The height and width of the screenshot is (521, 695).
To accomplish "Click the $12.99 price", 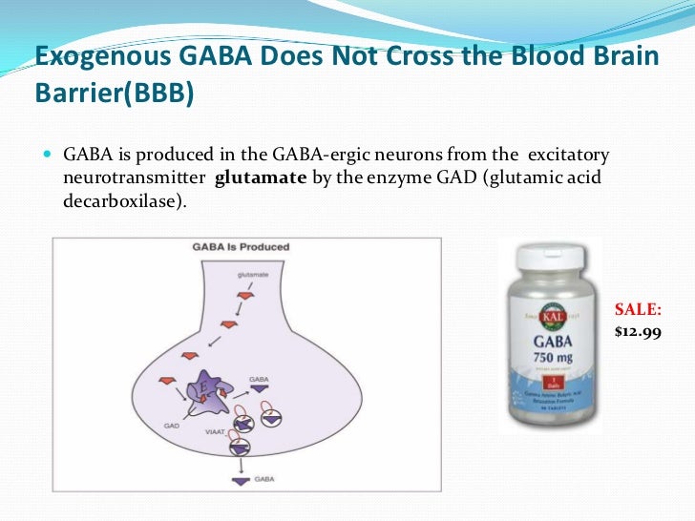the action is coord(637,331).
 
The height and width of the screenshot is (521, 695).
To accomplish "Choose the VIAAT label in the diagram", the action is coord(213,432).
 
